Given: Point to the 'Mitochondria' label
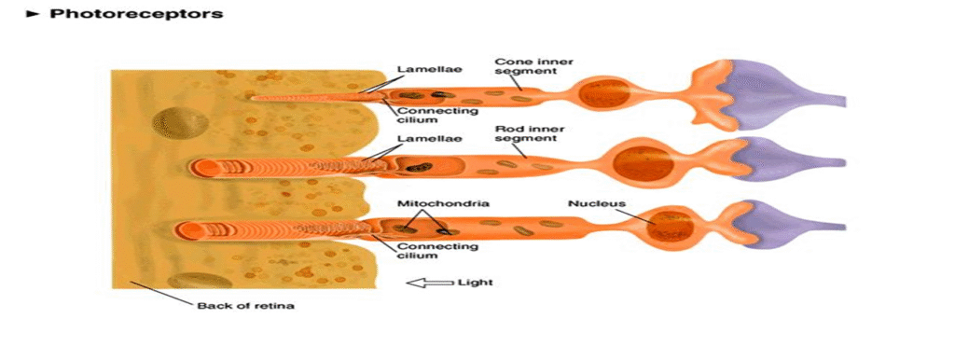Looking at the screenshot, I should pyautogui.click(x=430, y=202).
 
